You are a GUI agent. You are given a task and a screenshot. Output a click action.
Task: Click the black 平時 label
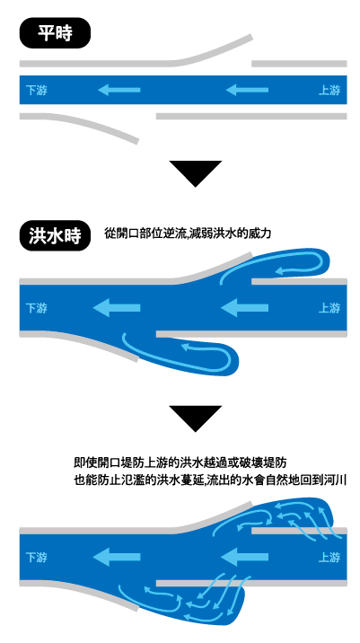(55, 33)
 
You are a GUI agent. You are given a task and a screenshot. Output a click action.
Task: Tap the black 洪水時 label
(55, 236)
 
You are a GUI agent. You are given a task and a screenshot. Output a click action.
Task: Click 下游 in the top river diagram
(37, 90)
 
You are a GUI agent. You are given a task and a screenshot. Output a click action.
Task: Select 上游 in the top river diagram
(329, 90)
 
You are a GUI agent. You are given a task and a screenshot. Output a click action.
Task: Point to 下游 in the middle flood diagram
(37, 307)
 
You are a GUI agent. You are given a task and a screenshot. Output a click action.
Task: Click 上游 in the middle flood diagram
(329, 307)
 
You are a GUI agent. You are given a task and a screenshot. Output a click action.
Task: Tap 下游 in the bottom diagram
(37, 558)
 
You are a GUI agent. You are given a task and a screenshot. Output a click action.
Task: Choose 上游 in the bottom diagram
(329, 558)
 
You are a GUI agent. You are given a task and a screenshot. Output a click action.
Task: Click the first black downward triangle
(196, 172)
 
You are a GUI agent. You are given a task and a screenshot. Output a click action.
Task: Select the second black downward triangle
(196, 418)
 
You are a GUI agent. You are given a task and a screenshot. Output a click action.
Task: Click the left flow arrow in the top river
(119, 90)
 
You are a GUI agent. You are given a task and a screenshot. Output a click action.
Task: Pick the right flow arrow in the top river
(247, 90)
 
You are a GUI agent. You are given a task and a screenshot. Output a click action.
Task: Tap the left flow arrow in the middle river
(117, 307)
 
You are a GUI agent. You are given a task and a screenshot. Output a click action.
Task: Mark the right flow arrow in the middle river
(245, 307)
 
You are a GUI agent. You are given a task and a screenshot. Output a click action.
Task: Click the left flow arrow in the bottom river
(117, 558)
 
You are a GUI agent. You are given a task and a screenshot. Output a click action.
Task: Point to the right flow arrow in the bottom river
(245, 558)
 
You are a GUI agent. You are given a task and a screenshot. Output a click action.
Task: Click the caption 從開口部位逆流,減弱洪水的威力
(188, 234)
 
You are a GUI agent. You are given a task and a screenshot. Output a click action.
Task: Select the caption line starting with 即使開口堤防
(180, 463)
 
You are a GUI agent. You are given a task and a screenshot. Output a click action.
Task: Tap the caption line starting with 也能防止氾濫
(210, 480)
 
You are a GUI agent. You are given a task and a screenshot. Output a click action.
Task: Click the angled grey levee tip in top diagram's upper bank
(250, 38)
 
